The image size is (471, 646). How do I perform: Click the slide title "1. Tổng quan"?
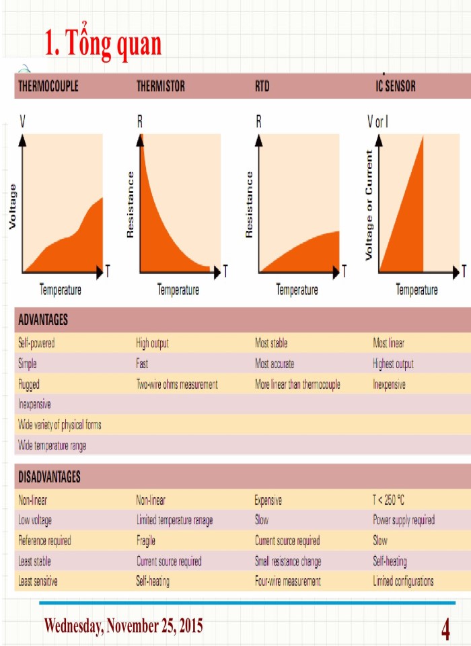103,44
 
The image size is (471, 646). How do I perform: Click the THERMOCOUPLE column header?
48,87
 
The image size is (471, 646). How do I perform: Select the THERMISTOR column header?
160,87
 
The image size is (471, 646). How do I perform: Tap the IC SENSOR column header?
395,87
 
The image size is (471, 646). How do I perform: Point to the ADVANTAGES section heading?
42,320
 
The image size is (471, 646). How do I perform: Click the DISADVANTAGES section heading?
49,477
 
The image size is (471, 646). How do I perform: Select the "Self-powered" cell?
36,343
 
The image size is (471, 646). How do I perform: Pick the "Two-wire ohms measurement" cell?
177,385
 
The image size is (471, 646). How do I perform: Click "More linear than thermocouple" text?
297,385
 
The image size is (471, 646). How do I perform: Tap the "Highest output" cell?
393,364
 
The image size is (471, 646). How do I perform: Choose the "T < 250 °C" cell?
389,500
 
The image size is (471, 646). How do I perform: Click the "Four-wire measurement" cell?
287,581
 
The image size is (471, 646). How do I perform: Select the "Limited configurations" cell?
403,581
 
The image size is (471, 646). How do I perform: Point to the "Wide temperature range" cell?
52,445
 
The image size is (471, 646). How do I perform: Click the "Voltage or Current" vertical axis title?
369,205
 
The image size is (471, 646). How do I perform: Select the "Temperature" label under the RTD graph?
297,290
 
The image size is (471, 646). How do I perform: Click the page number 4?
445,631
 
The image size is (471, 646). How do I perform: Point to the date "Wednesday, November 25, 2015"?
123,626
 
